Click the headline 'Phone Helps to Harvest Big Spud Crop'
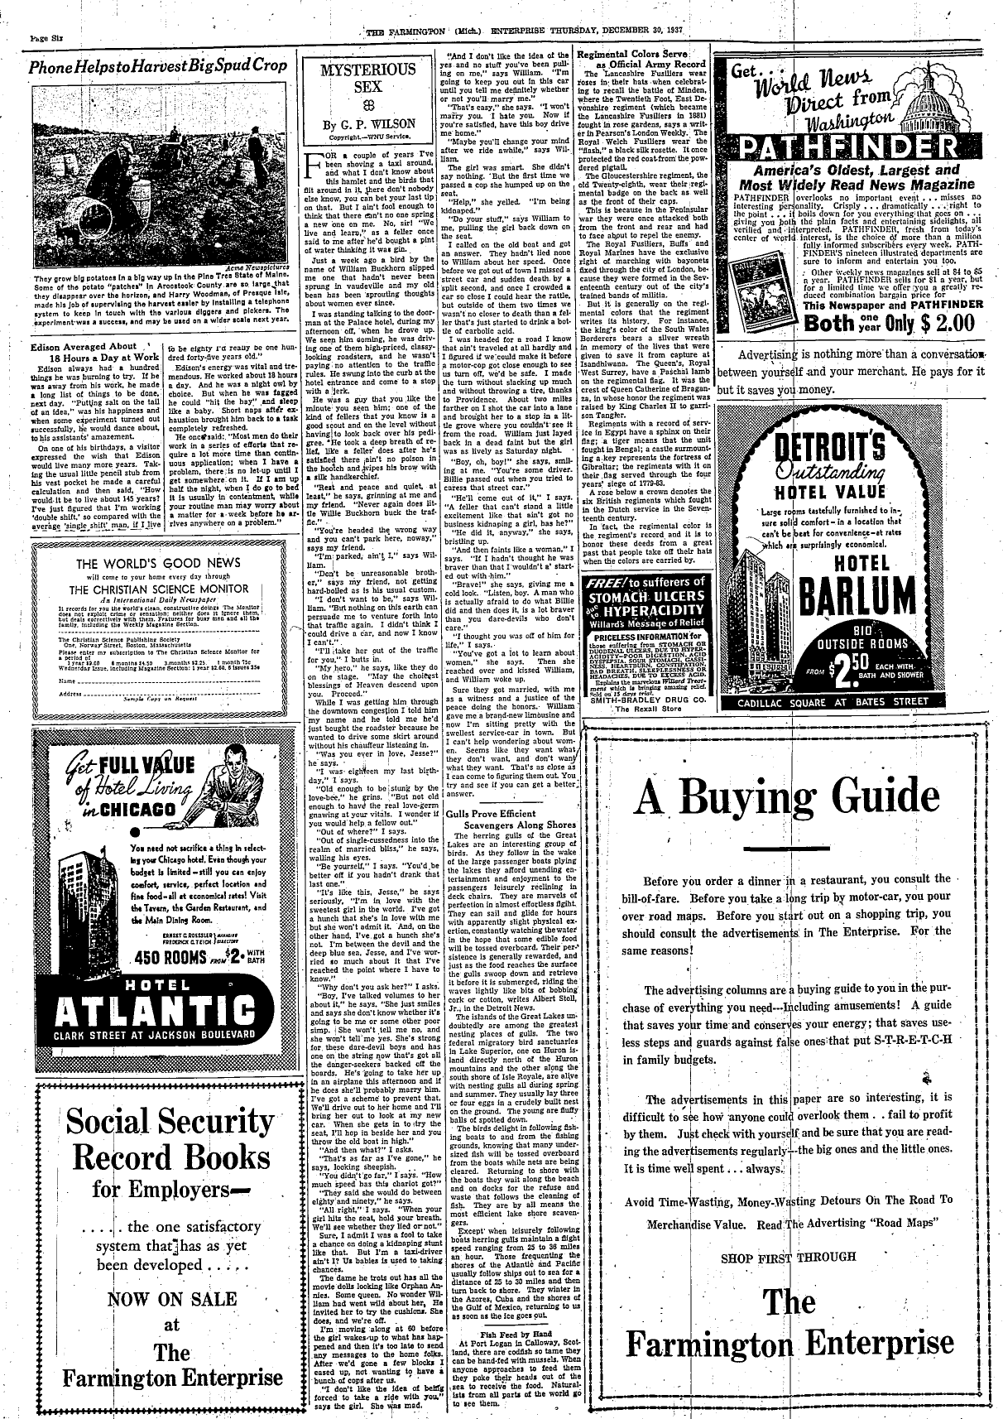158,65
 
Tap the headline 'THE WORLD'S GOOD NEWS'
158,564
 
